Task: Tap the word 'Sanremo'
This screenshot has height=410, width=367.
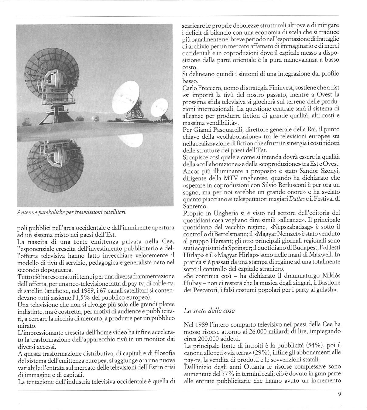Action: click(194, 206)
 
